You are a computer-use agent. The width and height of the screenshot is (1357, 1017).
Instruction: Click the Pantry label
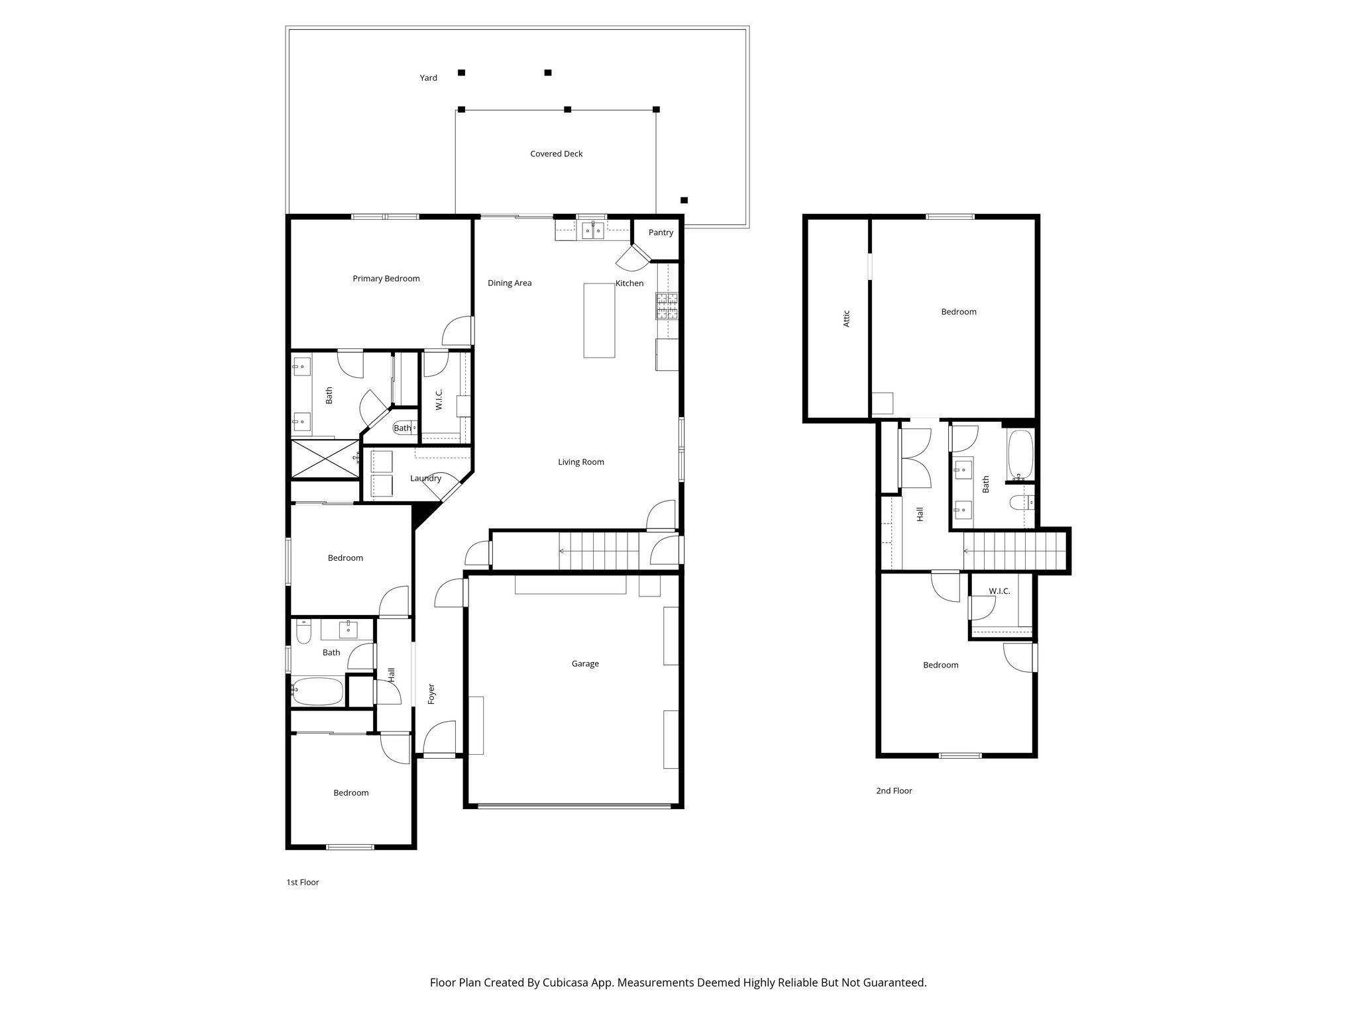coord(661,232)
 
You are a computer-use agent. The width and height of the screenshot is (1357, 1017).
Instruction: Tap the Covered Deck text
coord(556,154)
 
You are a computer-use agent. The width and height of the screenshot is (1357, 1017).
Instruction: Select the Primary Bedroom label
coord(386,279)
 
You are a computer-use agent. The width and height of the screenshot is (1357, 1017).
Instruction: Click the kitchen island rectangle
coord(599,320)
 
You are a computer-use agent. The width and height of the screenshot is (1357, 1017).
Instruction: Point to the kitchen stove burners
coord(667,306)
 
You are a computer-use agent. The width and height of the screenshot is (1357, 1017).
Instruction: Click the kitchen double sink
coord(592,230)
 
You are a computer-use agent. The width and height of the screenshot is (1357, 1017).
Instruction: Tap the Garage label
coord(585,663)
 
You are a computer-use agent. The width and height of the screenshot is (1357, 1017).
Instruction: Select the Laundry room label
coord(425,478)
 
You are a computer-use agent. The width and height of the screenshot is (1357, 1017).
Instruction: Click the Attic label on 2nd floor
coord(846,318)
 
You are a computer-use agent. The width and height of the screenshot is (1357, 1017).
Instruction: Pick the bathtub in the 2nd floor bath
coord(1020,456)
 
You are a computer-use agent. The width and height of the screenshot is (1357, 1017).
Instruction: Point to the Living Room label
coord(580,462)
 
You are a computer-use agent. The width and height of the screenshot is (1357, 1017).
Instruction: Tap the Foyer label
coord(431,693)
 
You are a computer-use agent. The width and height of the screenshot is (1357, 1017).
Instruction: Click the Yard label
coord(428,78)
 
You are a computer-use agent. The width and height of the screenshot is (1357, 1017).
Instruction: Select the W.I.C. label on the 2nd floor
coord(999,591)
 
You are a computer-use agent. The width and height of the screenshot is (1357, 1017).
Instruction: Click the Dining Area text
coord(510,283)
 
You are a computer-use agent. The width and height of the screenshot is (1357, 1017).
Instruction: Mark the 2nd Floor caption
coord(894,791)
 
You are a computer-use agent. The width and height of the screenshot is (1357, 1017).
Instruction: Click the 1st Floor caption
coord(302,882)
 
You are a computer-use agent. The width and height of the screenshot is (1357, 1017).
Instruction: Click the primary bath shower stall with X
coord(324,458)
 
